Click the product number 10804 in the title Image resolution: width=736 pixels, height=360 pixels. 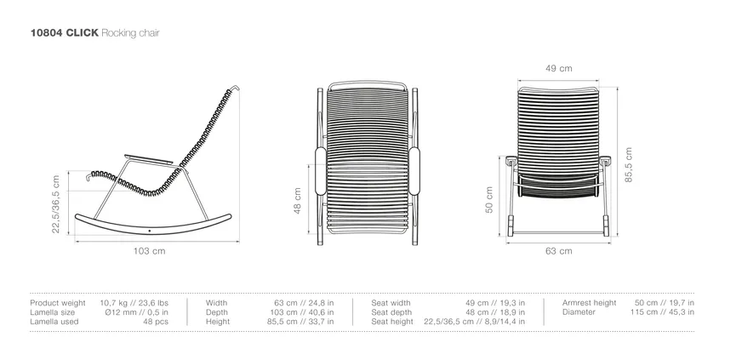tap(47, 33)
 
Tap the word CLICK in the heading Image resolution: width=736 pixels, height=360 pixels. tap(83, 33)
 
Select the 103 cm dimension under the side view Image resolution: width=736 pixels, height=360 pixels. tap(149, 251)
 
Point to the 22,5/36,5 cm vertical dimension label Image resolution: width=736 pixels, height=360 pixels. tap(56, 204)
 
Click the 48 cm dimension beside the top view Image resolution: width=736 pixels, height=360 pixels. tap(298, 201)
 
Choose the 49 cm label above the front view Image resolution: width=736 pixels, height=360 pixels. tap(558, 69)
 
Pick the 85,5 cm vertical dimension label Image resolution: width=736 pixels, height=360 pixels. tap(629, 165)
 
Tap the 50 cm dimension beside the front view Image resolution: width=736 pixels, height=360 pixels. tap(489, 200)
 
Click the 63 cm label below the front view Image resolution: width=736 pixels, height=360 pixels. tap(558, 251)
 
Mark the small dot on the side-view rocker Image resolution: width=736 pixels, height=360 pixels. tap(150, 231)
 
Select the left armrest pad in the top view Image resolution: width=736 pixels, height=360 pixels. tap(321, 171)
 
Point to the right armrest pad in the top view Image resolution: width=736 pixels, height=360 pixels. tap(414, 171)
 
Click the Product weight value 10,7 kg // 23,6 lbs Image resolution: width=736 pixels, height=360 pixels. tap(134, 303)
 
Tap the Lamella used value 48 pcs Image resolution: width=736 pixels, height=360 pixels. tap(156, 322)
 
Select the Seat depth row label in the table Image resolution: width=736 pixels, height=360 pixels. tap(391, 312)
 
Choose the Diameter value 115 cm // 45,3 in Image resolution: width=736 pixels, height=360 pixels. tap(662, 312)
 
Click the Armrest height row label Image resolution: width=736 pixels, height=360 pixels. tap(589, 303)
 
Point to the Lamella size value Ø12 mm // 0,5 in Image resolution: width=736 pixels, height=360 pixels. tap(137, 312)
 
